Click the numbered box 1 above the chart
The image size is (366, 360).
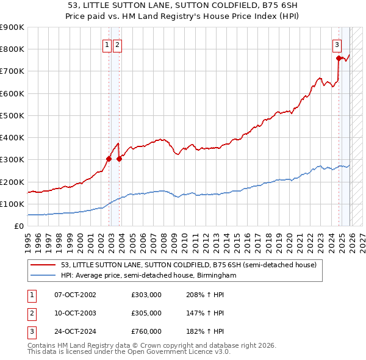(x=107, y=44)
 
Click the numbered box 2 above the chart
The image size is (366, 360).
(x=117, y=44)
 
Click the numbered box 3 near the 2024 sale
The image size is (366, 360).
(x=336, y=44)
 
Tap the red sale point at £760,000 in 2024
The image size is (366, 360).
(x=339, y=59)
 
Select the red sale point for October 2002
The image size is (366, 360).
(x=109, y=159)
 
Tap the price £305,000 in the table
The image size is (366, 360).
(x=146, y=313)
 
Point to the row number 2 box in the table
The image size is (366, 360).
(x=31, y=313)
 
